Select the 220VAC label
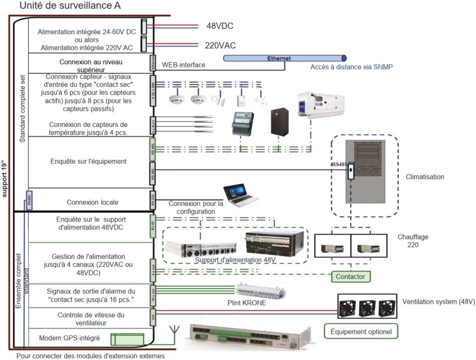pos(220,45)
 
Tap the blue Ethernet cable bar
pos(284,59)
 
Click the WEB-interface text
pos(184,65)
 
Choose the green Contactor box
pos(350,277)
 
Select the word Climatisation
pos(425,177)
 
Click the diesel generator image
pos(321,105)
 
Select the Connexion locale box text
pos(92,202)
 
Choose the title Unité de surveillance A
pos(71,7)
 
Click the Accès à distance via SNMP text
pos(351,67)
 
